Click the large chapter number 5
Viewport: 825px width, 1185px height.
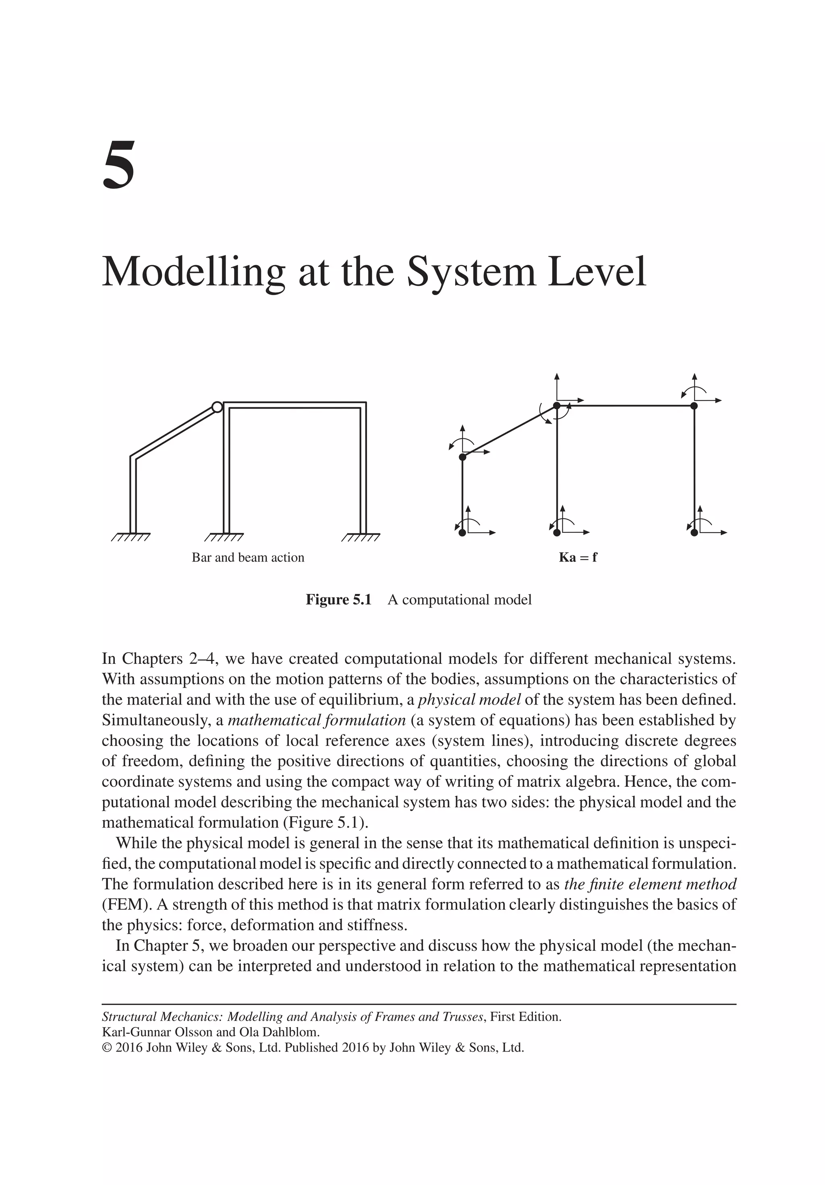click(x=119, y=165)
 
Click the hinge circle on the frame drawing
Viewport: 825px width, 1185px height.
click(x=217, y=407)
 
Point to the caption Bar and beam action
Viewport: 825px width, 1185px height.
click(x=248, y=557)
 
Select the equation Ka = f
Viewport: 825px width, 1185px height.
click(x=578, y=557)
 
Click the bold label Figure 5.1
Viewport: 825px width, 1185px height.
click(x=338, y=600)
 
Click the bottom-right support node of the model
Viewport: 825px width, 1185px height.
click(x=694, y=532)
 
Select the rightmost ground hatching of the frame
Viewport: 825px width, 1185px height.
click(x=361, y=538)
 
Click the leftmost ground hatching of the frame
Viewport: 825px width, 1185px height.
click(x=131, y=538)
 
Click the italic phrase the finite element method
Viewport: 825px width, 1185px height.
click(x=650, y=884)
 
